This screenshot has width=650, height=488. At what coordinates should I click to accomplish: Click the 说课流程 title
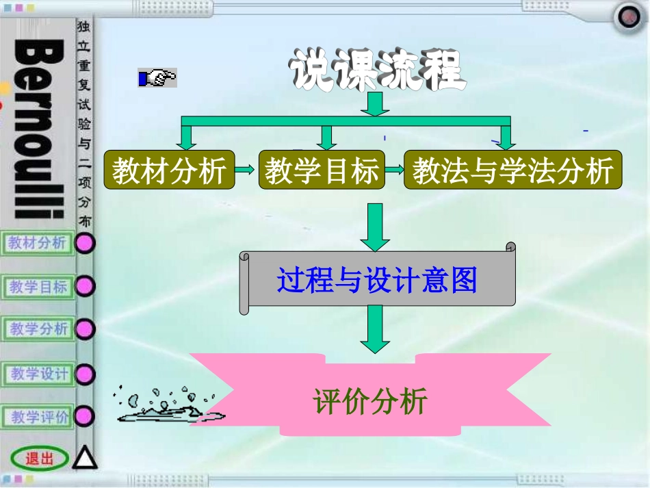click(x=376, y=70)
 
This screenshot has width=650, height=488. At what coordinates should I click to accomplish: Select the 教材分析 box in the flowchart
click(x=169, y=171)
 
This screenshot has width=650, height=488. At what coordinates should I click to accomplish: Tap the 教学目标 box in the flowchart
click(x=322, y=171)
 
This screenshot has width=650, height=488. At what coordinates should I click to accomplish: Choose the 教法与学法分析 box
click(x=512, y=171)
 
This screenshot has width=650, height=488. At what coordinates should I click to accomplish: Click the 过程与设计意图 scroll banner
click(x=377, y=280)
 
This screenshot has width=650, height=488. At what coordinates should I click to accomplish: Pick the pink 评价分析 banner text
click(x=370, y=400)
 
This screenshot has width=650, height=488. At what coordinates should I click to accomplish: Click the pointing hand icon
click(x=157, y=78)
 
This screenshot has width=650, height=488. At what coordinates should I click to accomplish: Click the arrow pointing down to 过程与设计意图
click(x=374, y=227)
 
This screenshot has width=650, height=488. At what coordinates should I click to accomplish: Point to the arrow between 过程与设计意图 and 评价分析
click(x=374, y=329)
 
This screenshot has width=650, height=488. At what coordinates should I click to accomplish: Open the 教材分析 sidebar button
click(x=38, y=243)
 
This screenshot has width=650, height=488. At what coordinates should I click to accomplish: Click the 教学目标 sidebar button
click(x=38, y=287)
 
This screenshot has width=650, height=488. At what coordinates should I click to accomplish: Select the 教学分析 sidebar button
click(x=38, y=329)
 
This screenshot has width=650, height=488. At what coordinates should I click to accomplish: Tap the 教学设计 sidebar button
click(x=38, y=374)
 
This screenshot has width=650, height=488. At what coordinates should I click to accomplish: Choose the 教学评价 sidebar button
click(x=38, y=416)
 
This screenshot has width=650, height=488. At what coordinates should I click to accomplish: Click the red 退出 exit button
click(x=39, y=459)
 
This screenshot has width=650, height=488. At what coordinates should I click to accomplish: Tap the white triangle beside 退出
click(x=85, y=457)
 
